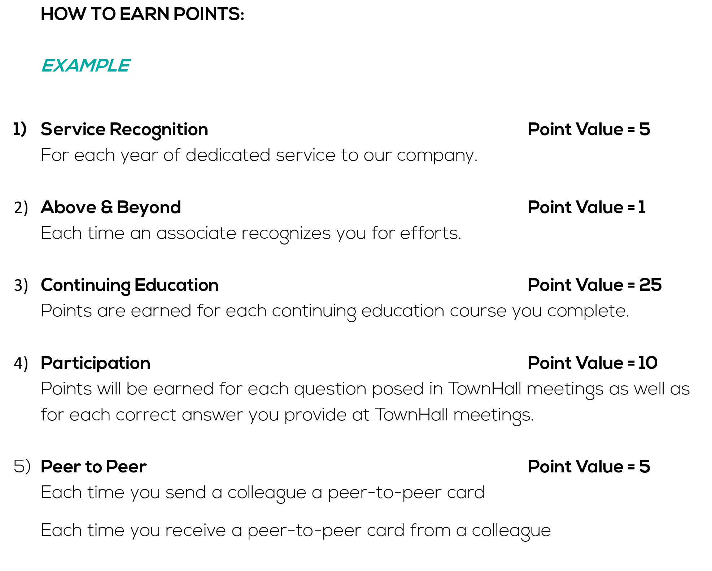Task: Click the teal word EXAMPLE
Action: point(86,65)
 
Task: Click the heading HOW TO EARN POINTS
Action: point(143,14)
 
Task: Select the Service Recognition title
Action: point(125,130)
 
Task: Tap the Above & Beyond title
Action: point(111,207)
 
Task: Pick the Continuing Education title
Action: point(130,285)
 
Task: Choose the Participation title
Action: point(96,363)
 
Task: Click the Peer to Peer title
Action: point(94,467)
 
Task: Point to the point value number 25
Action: point(650,285)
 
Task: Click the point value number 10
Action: point(648,363)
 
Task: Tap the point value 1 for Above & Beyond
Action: point(642,207)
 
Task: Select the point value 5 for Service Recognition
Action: point(645,129)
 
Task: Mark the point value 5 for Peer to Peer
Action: point(645,467)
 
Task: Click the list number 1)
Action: point(20,129)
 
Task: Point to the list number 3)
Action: point(21,285)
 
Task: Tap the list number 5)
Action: point(22,467)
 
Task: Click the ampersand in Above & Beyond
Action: point(107,207)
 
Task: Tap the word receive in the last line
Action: point(196,531)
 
